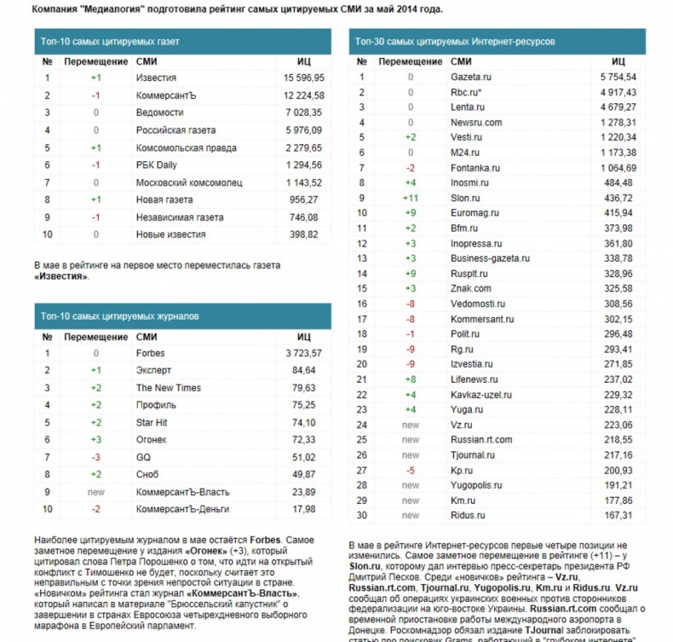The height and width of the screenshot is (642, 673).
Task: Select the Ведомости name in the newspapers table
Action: tap(159, 112)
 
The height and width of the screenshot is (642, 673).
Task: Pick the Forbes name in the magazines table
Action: tap(150, 353)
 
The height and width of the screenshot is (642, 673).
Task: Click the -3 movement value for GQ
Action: tap(95, 457)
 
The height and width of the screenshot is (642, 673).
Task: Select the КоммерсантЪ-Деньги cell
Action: tap(182, 509)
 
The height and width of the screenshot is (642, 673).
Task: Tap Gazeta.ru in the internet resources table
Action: tap(471, 77)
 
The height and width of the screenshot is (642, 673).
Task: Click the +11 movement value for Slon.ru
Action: tap(410, 198)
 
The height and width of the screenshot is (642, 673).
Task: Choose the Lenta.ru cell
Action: tap(468, 107)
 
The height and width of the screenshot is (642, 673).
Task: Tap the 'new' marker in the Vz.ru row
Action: tap(411, 425)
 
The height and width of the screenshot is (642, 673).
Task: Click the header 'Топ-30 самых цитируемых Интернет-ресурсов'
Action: tap(455, 41)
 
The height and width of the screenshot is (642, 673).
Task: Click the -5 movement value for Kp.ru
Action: tap(411, 470)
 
